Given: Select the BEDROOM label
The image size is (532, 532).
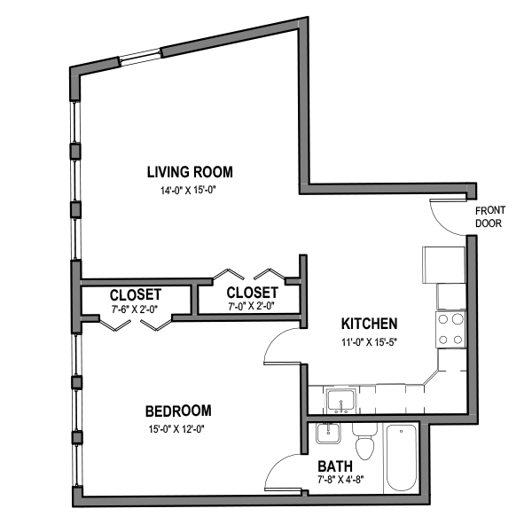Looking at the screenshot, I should point(178,411).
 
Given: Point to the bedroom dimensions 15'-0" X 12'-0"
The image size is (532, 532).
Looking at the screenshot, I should point(177,428).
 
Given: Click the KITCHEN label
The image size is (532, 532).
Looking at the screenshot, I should point(369,324).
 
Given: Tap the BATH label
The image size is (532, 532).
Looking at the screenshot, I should point(336,466).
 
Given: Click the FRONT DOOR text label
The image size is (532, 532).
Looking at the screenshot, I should point(489,217).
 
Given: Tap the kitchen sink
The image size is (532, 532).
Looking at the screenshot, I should point(340,400).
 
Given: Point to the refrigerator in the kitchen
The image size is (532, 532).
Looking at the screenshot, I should point(443,263).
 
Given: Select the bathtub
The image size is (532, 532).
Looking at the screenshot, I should point(401,459).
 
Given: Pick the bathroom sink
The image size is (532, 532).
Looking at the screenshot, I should point(327,435).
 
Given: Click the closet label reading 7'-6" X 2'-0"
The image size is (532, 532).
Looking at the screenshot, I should point(136,309).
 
